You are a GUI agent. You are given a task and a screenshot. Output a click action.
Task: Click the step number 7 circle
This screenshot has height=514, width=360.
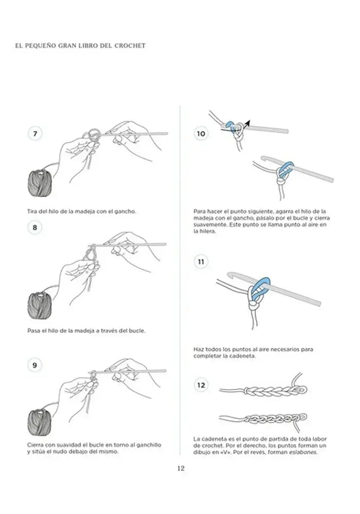click(x=35, y=134)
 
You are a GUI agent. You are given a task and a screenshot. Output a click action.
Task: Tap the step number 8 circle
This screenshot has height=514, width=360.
click(x=35, y=227)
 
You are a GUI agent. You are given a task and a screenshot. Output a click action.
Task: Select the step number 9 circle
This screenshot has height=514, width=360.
click(x=35, y=365)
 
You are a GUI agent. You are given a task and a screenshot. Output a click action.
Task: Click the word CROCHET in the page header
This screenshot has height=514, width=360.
click(x=130, y=45)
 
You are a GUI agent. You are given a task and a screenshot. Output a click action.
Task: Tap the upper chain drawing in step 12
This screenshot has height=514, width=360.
click(x=260, y=390)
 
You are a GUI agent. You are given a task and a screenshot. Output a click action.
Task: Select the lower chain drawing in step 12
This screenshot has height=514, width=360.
click(x=260, y=419)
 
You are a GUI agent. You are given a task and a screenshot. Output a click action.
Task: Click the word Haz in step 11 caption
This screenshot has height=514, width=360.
click(x=199, y=349)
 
